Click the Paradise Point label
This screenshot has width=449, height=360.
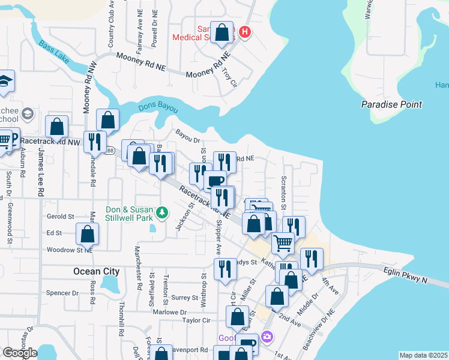392,104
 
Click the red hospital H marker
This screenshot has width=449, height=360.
244,32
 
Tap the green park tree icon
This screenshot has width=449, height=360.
161,212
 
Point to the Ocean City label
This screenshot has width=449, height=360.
97,271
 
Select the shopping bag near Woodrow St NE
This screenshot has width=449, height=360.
88,234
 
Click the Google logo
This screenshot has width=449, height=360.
20,353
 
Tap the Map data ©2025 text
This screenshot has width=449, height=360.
423,355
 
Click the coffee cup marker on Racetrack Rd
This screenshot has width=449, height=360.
215,180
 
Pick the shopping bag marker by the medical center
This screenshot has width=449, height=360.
222,33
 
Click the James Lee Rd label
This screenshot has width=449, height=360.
40,174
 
